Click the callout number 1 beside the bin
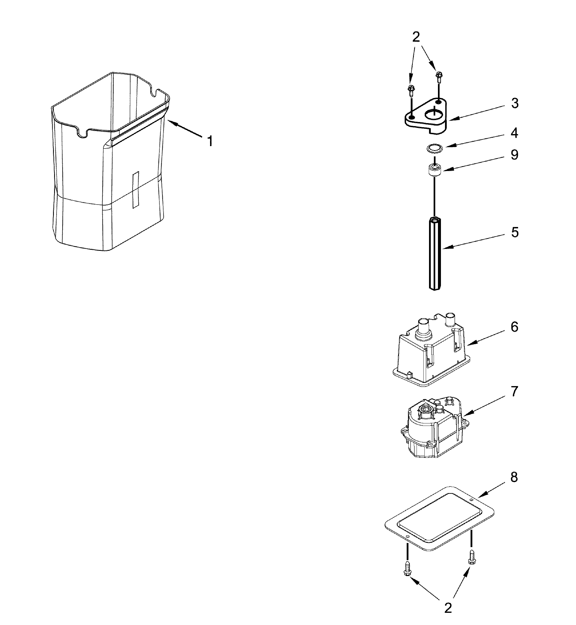pyautogui.click(x=211, y=141)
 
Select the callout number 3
pyautogui.click(x=515, y=103)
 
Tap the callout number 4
pyautogui.click(x=515, y=133)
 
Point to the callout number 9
pyautogui.click(x=515, y=155)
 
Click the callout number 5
pyautogui.click(x=515, y=232)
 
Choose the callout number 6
pyautogui.click(x=515, y=327)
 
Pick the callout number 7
pyautogui.click(x=515, y=391)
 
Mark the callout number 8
pyautogui.click(x=515, y=477)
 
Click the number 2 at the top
pyautogui.click(x=416, y=37)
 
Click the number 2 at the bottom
pyautogui.click(x=448, y=608)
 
